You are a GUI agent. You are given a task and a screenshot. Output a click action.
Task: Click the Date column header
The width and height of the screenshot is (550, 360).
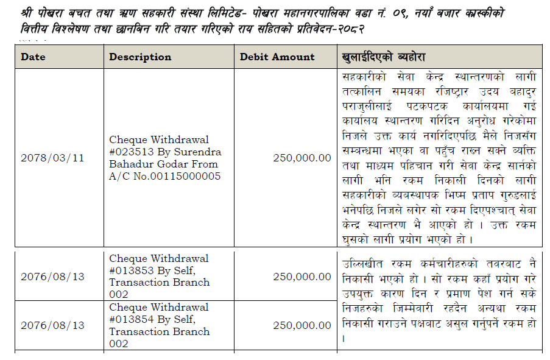coord(33,57)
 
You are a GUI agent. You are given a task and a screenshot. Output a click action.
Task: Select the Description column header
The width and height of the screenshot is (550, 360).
coord(140,57)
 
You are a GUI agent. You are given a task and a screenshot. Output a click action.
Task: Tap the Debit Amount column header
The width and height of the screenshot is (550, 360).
coord(277,57)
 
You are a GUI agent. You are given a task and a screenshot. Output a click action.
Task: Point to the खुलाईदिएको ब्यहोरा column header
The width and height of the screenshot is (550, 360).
coord(384,57)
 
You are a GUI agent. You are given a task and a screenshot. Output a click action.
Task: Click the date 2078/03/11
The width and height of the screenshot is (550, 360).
coord(52,158)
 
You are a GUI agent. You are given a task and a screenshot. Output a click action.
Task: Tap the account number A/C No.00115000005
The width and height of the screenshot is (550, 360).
coord(165,176)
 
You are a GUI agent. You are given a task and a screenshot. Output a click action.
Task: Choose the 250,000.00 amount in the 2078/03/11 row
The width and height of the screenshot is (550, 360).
coord(302,158)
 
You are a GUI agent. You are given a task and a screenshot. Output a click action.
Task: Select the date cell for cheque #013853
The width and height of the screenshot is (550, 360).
coord(52,277)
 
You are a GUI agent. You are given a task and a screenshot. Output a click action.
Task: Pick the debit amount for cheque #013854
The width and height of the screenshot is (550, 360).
coord(302,325)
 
